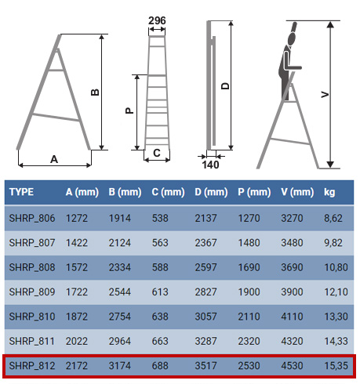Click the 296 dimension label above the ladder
pos(157,20)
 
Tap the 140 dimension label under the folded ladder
pos(210,165)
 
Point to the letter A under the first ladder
pos(54,159)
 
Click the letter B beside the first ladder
pos(95,92)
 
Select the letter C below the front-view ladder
pos(157,153)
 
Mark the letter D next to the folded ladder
pos(225,86)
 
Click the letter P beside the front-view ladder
pos(129,110)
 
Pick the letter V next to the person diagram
pos(325,94)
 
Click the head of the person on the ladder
pos(292,38)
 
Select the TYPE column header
pos(21,192)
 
